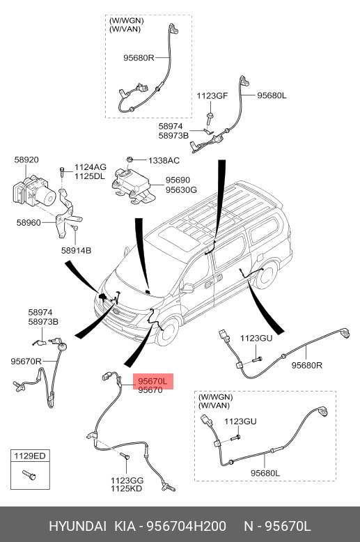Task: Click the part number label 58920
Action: point(26,160)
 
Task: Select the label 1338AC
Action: point(164,161)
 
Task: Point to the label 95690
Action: point(178,180)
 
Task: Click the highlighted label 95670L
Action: point(152,381)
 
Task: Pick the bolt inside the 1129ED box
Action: point(29,475)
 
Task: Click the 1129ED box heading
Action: point(30,456)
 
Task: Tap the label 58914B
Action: point(77,250)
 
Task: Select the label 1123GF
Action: point(212,95)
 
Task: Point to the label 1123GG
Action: point(127,481)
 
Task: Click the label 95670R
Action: point(26,362)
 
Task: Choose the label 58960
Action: point(29,223)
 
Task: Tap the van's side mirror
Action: point(187,288)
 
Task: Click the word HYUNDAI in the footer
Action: point(78,527)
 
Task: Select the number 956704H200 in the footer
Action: point(187,527)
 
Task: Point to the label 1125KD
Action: point(127,489)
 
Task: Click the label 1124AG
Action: point(91,168)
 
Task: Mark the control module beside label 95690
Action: point(133,185)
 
